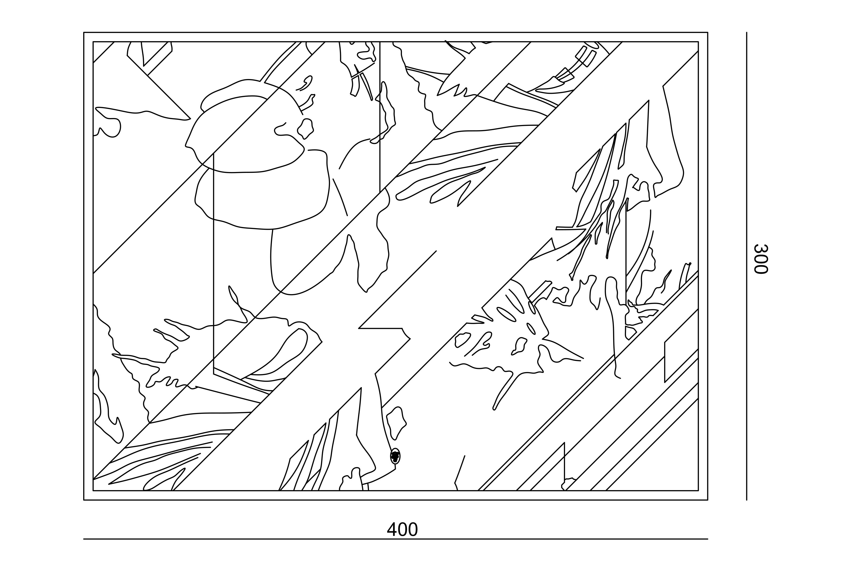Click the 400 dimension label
click(x=402, y=530)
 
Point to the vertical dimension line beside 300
click(x=747, y=266)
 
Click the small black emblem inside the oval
click(x=395, y=456)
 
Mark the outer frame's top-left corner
click(x=84, y=32)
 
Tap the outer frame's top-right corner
click(x=708, y=32)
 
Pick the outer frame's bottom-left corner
click(x=84, y=500)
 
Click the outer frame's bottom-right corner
click(x=708, y=500)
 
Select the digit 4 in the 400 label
click(x=392, y=530)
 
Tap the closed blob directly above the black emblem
click(x=396, y=423)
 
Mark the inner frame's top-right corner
click(x=698, y=42)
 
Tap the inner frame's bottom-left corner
click(x=93, y=490)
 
